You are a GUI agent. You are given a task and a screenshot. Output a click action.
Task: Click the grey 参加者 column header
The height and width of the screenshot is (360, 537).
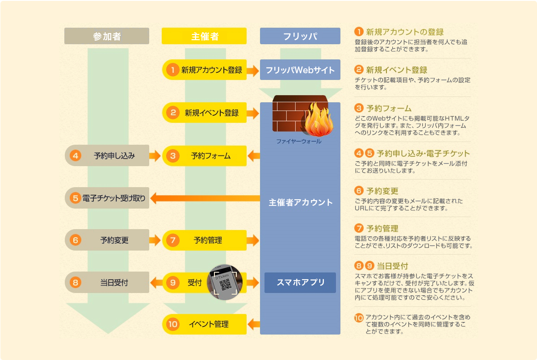point(107,36)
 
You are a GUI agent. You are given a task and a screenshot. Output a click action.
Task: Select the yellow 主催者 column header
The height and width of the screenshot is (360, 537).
point(204,36)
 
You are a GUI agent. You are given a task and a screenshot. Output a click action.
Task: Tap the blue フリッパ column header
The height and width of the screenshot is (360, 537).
point(300,36)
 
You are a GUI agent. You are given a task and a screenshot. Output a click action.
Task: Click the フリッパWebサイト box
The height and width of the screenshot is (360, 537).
point(300,70)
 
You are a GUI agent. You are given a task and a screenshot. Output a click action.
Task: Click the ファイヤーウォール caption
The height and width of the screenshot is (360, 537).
point(299,142)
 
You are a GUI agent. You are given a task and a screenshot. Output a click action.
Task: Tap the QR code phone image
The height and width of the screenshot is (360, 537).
point(225,282)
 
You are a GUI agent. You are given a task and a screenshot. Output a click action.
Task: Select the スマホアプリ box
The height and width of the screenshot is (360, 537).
point(300,283)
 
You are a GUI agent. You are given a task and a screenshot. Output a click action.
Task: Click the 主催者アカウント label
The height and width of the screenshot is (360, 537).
point(301,202)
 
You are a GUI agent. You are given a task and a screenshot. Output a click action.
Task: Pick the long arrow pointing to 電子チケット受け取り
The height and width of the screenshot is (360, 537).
point(205,198)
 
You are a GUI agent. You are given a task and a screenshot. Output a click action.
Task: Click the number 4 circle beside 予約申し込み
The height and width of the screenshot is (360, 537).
point(76,155)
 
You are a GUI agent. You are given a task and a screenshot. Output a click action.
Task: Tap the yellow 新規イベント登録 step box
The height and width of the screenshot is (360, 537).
point(205,113)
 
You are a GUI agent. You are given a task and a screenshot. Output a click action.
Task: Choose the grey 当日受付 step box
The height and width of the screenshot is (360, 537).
point(107,282)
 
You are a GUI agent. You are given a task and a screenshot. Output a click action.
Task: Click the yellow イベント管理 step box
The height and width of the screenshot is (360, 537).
point(205,324)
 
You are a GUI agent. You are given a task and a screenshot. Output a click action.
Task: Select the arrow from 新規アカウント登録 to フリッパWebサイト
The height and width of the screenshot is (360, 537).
point(253,71)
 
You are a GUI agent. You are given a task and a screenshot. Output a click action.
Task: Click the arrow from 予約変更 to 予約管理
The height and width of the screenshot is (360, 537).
point(155,240)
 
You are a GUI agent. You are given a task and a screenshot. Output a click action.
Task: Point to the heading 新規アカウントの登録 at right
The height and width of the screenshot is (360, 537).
point(405,32)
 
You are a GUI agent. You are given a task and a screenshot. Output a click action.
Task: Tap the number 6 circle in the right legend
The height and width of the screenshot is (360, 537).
point(359,191)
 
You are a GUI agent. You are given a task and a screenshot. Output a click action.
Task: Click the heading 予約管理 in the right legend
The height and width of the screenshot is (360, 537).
point(382,228)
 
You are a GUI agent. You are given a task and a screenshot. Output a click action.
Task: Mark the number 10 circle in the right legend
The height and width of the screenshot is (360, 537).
point(359,318)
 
